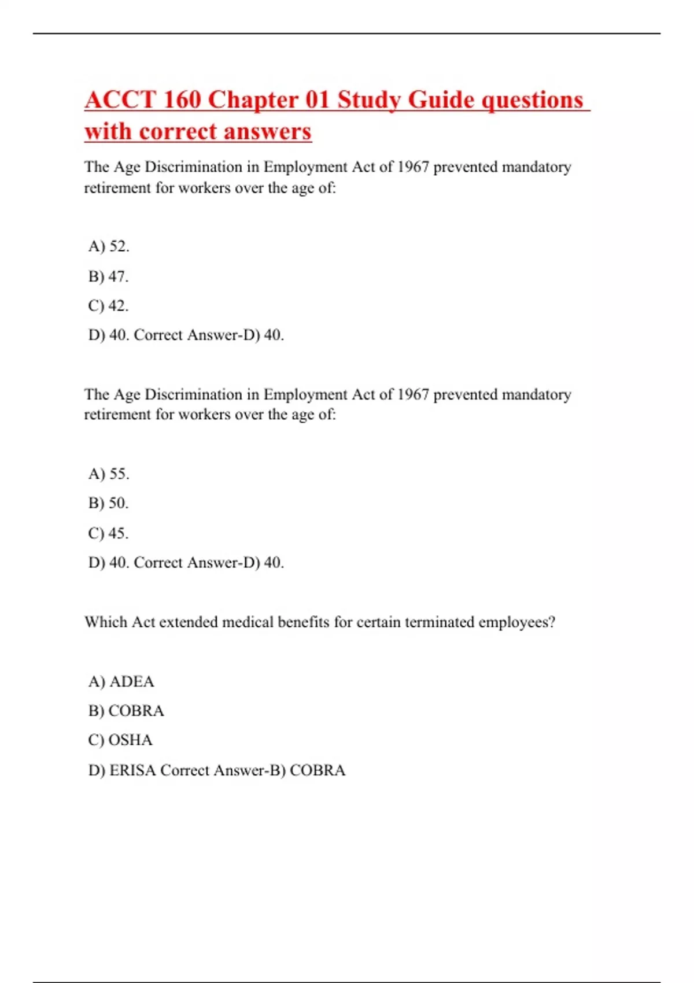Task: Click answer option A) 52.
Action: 109,246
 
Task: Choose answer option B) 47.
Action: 109,276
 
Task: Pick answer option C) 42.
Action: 109,305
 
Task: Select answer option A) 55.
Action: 109,474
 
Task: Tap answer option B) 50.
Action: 109,503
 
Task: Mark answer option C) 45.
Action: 109,533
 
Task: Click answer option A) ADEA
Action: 121,681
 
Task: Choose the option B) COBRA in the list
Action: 126,711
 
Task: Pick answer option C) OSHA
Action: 120,740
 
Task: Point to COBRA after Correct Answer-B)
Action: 318,770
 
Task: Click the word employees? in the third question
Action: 517,622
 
